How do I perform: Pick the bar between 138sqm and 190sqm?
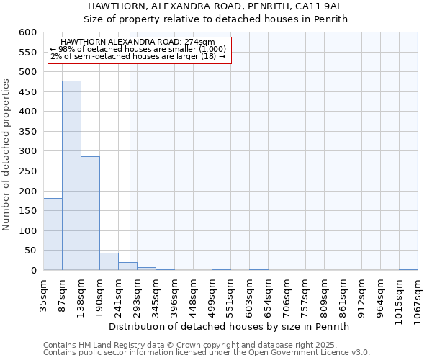pos(90,213)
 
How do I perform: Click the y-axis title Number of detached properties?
pos(7,155)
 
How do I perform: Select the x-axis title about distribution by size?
pos(230,326)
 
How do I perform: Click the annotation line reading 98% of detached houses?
pos(138,49)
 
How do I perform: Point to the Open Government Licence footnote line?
pos(207,353)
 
